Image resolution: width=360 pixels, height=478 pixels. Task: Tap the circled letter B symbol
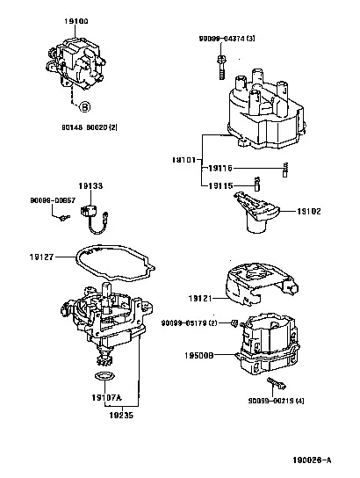click(84, 108)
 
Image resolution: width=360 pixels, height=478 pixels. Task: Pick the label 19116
click(220, 167)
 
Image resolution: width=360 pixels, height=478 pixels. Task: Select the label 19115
click(220, 185)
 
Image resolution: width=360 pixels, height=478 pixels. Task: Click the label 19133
click(90, 186)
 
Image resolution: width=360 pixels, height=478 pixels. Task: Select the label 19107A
click(105, 397)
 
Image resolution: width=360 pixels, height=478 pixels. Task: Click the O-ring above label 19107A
click(102, 377)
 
